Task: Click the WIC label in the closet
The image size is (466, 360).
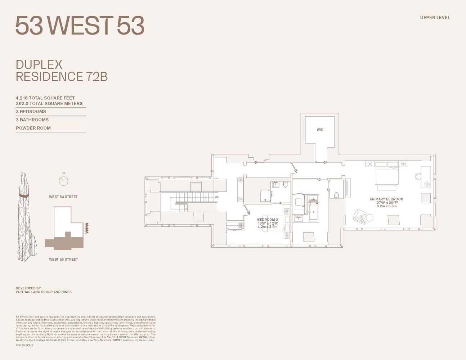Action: click(320, 130)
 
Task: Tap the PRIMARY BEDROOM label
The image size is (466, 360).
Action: click(386, 199)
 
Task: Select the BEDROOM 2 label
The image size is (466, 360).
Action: click(268, 220)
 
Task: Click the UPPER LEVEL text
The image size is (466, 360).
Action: click(435, 18)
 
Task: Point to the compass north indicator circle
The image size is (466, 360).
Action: click(63, 181)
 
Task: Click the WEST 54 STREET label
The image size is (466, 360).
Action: click(63, 197)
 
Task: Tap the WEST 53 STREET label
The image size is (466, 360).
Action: click(63, 260)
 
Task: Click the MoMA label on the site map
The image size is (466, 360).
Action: click(87, 228)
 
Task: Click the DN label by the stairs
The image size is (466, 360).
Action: click(217, 197)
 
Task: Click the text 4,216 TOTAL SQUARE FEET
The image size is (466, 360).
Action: click(45, 98)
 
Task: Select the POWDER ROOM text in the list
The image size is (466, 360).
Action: click(33, 128)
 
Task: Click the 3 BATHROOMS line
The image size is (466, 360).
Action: click(32, 120)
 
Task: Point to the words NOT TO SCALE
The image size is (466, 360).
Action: click(24, 345)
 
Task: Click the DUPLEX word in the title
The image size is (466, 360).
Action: click(39, 65)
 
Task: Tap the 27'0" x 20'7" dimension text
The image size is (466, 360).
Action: click(386, 203)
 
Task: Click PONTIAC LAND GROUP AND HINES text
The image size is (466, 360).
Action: click(44, 292)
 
